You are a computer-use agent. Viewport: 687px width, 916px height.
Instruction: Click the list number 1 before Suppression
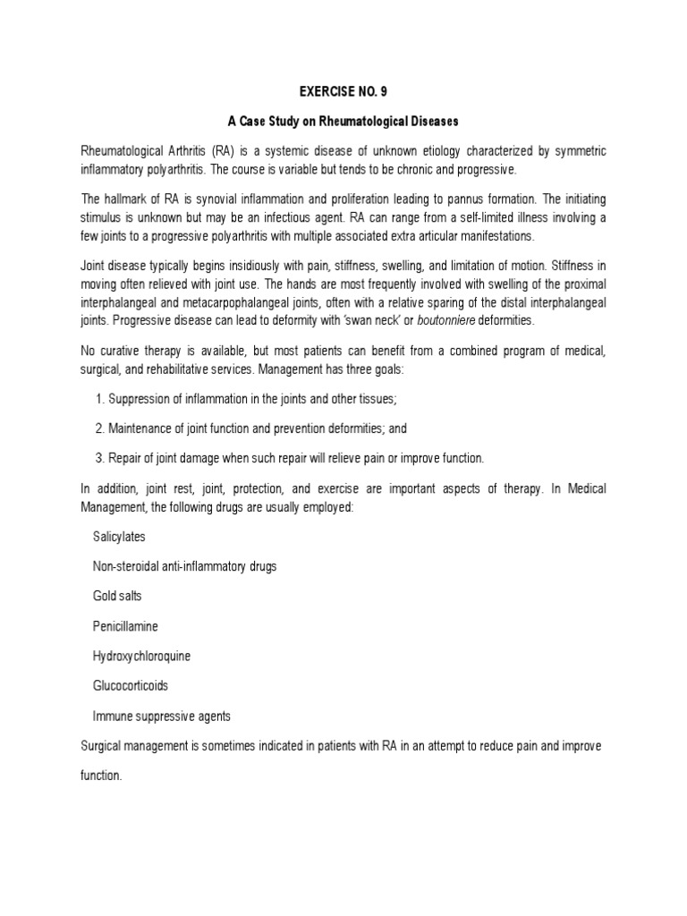coord(98,399)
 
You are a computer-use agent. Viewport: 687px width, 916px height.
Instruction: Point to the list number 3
coord(98,458)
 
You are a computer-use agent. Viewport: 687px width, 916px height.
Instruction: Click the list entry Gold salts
coord(117,596)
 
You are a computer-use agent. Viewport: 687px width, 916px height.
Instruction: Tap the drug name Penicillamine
coord(125,626)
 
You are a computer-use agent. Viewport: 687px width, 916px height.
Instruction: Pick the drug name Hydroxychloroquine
coord(141,656)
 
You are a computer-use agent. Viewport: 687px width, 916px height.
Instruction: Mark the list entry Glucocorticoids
coord(131,686)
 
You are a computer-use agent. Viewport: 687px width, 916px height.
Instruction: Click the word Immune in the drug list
coord(111,716)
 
